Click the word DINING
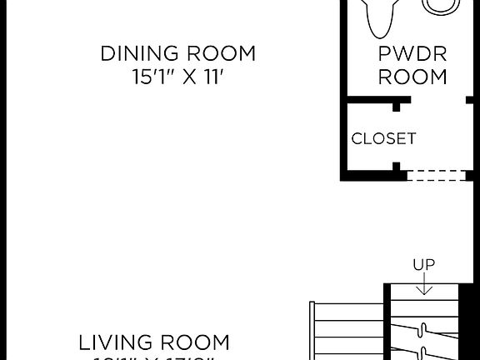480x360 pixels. (x=137, y=54)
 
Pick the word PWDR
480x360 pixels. (x=412, y=54)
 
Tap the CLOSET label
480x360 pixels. (x=383, y=138)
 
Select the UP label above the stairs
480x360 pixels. (x=423, y=265)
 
